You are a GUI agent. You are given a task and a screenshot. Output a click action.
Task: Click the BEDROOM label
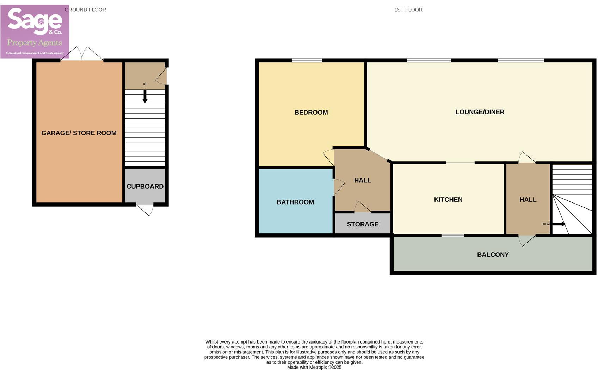311,113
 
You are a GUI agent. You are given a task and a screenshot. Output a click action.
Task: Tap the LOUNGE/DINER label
480,112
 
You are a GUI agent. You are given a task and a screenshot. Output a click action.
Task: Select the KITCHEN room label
448,200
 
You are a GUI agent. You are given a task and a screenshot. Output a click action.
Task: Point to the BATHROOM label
295,202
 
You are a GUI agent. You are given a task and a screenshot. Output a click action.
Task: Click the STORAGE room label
363,224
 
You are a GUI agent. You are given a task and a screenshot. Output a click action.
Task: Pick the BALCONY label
493,255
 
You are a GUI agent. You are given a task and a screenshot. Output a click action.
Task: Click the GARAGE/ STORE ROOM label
79,133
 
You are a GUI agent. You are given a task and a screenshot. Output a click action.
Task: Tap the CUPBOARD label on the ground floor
145,187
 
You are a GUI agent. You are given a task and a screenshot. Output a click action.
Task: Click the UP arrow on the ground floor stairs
145,96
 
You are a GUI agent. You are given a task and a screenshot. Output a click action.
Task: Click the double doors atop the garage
82,54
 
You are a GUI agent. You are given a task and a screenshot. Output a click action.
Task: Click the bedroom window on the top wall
307,60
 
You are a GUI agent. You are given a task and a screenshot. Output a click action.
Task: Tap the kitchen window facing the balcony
452,235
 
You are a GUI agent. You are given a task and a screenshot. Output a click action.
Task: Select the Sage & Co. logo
35,31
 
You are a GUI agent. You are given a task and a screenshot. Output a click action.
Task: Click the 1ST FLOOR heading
408,10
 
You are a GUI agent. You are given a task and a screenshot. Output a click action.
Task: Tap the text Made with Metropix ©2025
314,367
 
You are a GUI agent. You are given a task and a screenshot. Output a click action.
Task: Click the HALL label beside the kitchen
528,200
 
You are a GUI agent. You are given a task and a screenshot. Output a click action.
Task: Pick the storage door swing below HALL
362,207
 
